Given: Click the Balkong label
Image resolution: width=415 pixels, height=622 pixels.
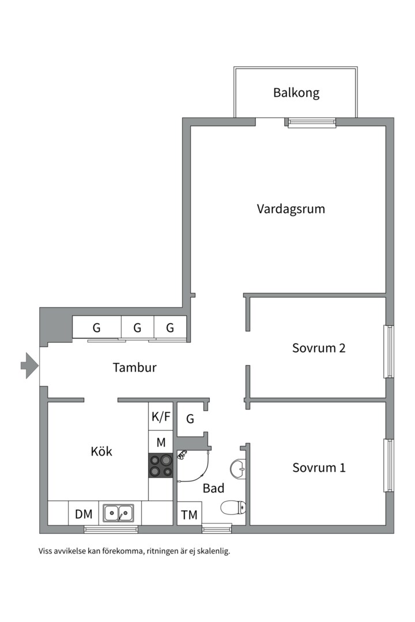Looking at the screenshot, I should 296,92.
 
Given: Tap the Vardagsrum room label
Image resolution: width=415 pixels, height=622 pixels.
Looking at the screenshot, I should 290,208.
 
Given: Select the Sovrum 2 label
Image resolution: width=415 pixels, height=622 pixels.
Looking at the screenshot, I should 318,348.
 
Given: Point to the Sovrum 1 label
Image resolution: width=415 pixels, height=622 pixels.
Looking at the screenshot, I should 318,467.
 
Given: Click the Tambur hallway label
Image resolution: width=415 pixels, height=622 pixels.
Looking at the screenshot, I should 134,367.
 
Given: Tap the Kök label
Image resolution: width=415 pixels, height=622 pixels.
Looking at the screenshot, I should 101,451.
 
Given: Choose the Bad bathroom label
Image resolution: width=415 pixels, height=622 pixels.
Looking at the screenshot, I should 213,488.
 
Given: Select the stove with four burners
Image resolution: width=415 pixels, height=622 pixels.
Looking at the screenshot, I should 161,465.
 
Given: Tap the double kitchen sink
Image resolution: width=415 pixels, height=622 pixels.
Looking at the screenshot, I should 118,513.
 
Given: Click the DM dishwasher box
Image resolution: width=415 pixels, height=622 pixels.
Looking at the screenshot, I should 84,514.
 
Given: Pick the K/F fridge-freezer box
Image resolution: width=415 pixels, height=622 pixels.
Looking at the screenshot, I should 161,417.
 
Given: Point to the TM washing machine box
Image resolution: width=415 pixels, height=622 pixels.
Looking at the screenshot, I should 189,515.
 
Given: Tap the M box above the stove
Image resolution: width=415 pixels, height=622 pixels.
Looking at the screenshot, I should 161,442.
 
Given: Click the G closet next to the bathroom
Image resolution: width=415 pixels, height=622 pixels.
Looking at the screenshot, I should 190,419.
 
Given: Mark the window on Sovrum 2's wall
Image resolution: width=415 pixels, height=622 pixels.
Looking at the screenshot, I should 389,352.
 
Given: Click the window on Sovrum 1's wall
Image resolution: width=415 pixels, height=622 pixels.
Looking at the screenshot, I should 389,465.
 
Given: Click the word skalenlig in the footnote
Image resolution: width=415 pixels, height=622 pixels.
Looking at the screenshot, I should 213,551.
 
